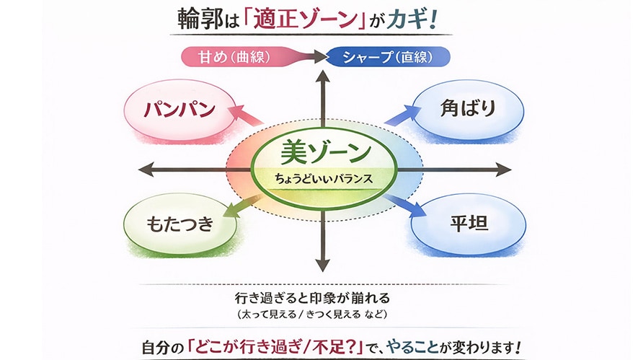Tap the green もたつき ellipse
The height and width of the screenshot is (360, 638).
tap(180, 224)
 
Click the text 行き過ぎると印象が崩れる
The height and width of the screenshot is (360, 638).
tap(316, 298)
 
